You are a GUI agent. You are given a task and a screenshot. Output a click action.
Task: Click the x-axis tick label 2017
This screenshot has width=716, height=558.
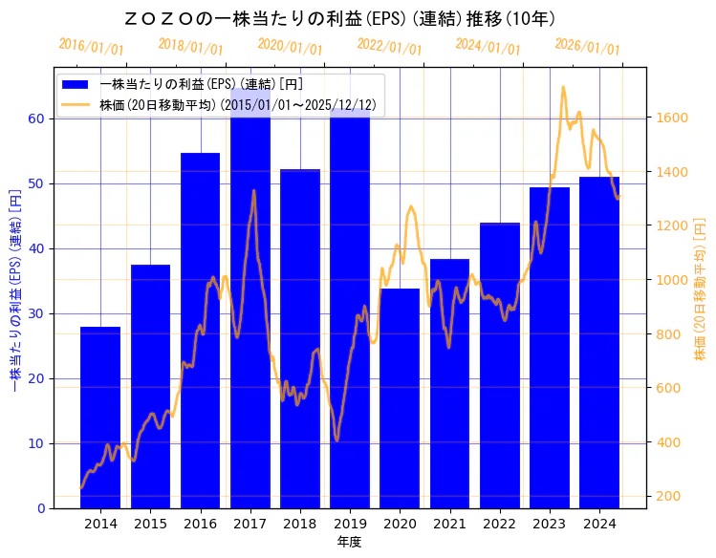[250, 524]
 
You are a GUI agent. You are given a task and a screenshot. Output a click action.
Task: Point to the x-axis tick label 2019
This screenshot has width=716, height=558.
[350, 524]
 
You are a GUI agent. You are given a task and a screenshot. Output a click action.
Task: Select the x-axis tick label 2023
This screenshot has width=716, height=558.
[550, 524]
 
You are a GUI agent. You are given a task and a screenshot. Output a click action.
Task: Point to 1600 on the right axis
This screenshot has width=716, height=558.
[671, 118]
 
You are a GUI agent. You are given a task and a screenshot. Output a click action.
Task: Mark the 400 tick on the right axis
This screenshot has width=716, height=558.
[667, 442]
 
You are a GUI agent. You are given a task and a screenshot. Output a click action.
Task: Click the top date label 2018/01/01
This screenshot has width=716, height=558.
[190, 46]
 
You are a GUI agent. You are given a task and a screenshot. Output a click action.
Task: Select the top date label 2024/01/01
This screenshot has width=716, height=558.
[488, 46]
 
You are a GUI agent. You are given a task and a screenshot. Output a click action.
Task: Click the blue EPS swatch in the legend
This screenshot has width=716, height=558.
[76, 84]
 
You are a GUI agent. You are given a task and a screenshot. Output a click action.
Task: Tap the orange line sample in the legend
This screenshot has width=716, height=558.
[76, 104]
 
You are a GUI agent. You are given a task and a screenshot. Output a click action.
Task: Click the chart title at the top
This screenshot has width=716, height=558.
[340, 18]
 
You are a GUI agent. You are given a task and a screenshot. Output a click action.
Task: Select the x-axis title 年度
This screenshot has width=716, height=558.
[349, 542]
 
